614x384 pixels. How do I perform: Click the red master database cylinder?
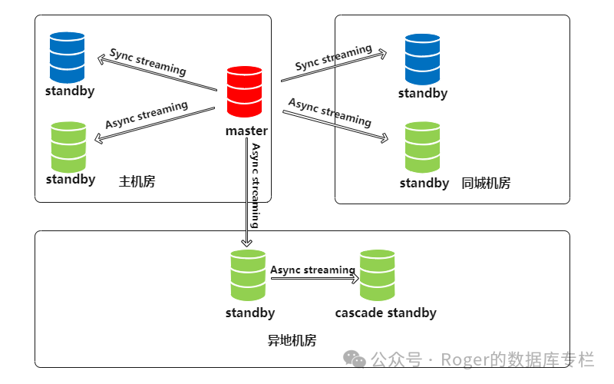point(245,92)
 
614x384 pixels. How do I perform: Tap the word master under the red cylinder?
point(246,131)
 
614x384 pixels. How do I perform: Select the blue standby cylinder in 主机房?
point(68,57)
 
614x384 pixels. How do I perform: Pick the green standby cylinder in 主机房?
point(68,147)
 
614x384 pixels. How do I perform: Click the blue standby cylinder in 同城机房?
point(423,58)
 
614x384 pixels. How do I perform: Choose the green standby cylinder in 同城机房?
point(423,147)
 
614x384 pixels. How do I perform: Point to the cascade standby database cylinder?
point(378,275)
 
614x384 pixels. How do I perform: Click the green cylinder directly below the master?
point(248,275)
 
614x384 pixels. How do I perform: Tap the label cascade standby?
point(385,313)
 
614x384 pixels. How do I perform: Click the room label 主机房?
point(137,182)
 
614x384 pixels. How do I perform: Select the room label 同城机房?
point(486,183)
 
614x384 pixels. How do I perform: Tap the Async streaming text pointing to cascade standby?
point(312,270)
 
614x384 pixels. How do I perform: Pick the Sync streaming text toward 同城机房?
point(333,58)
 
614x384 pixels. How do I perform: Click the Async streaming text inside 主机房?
point(147,115)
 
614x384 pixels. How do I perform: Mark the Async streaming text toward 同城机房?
point(330,112)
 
